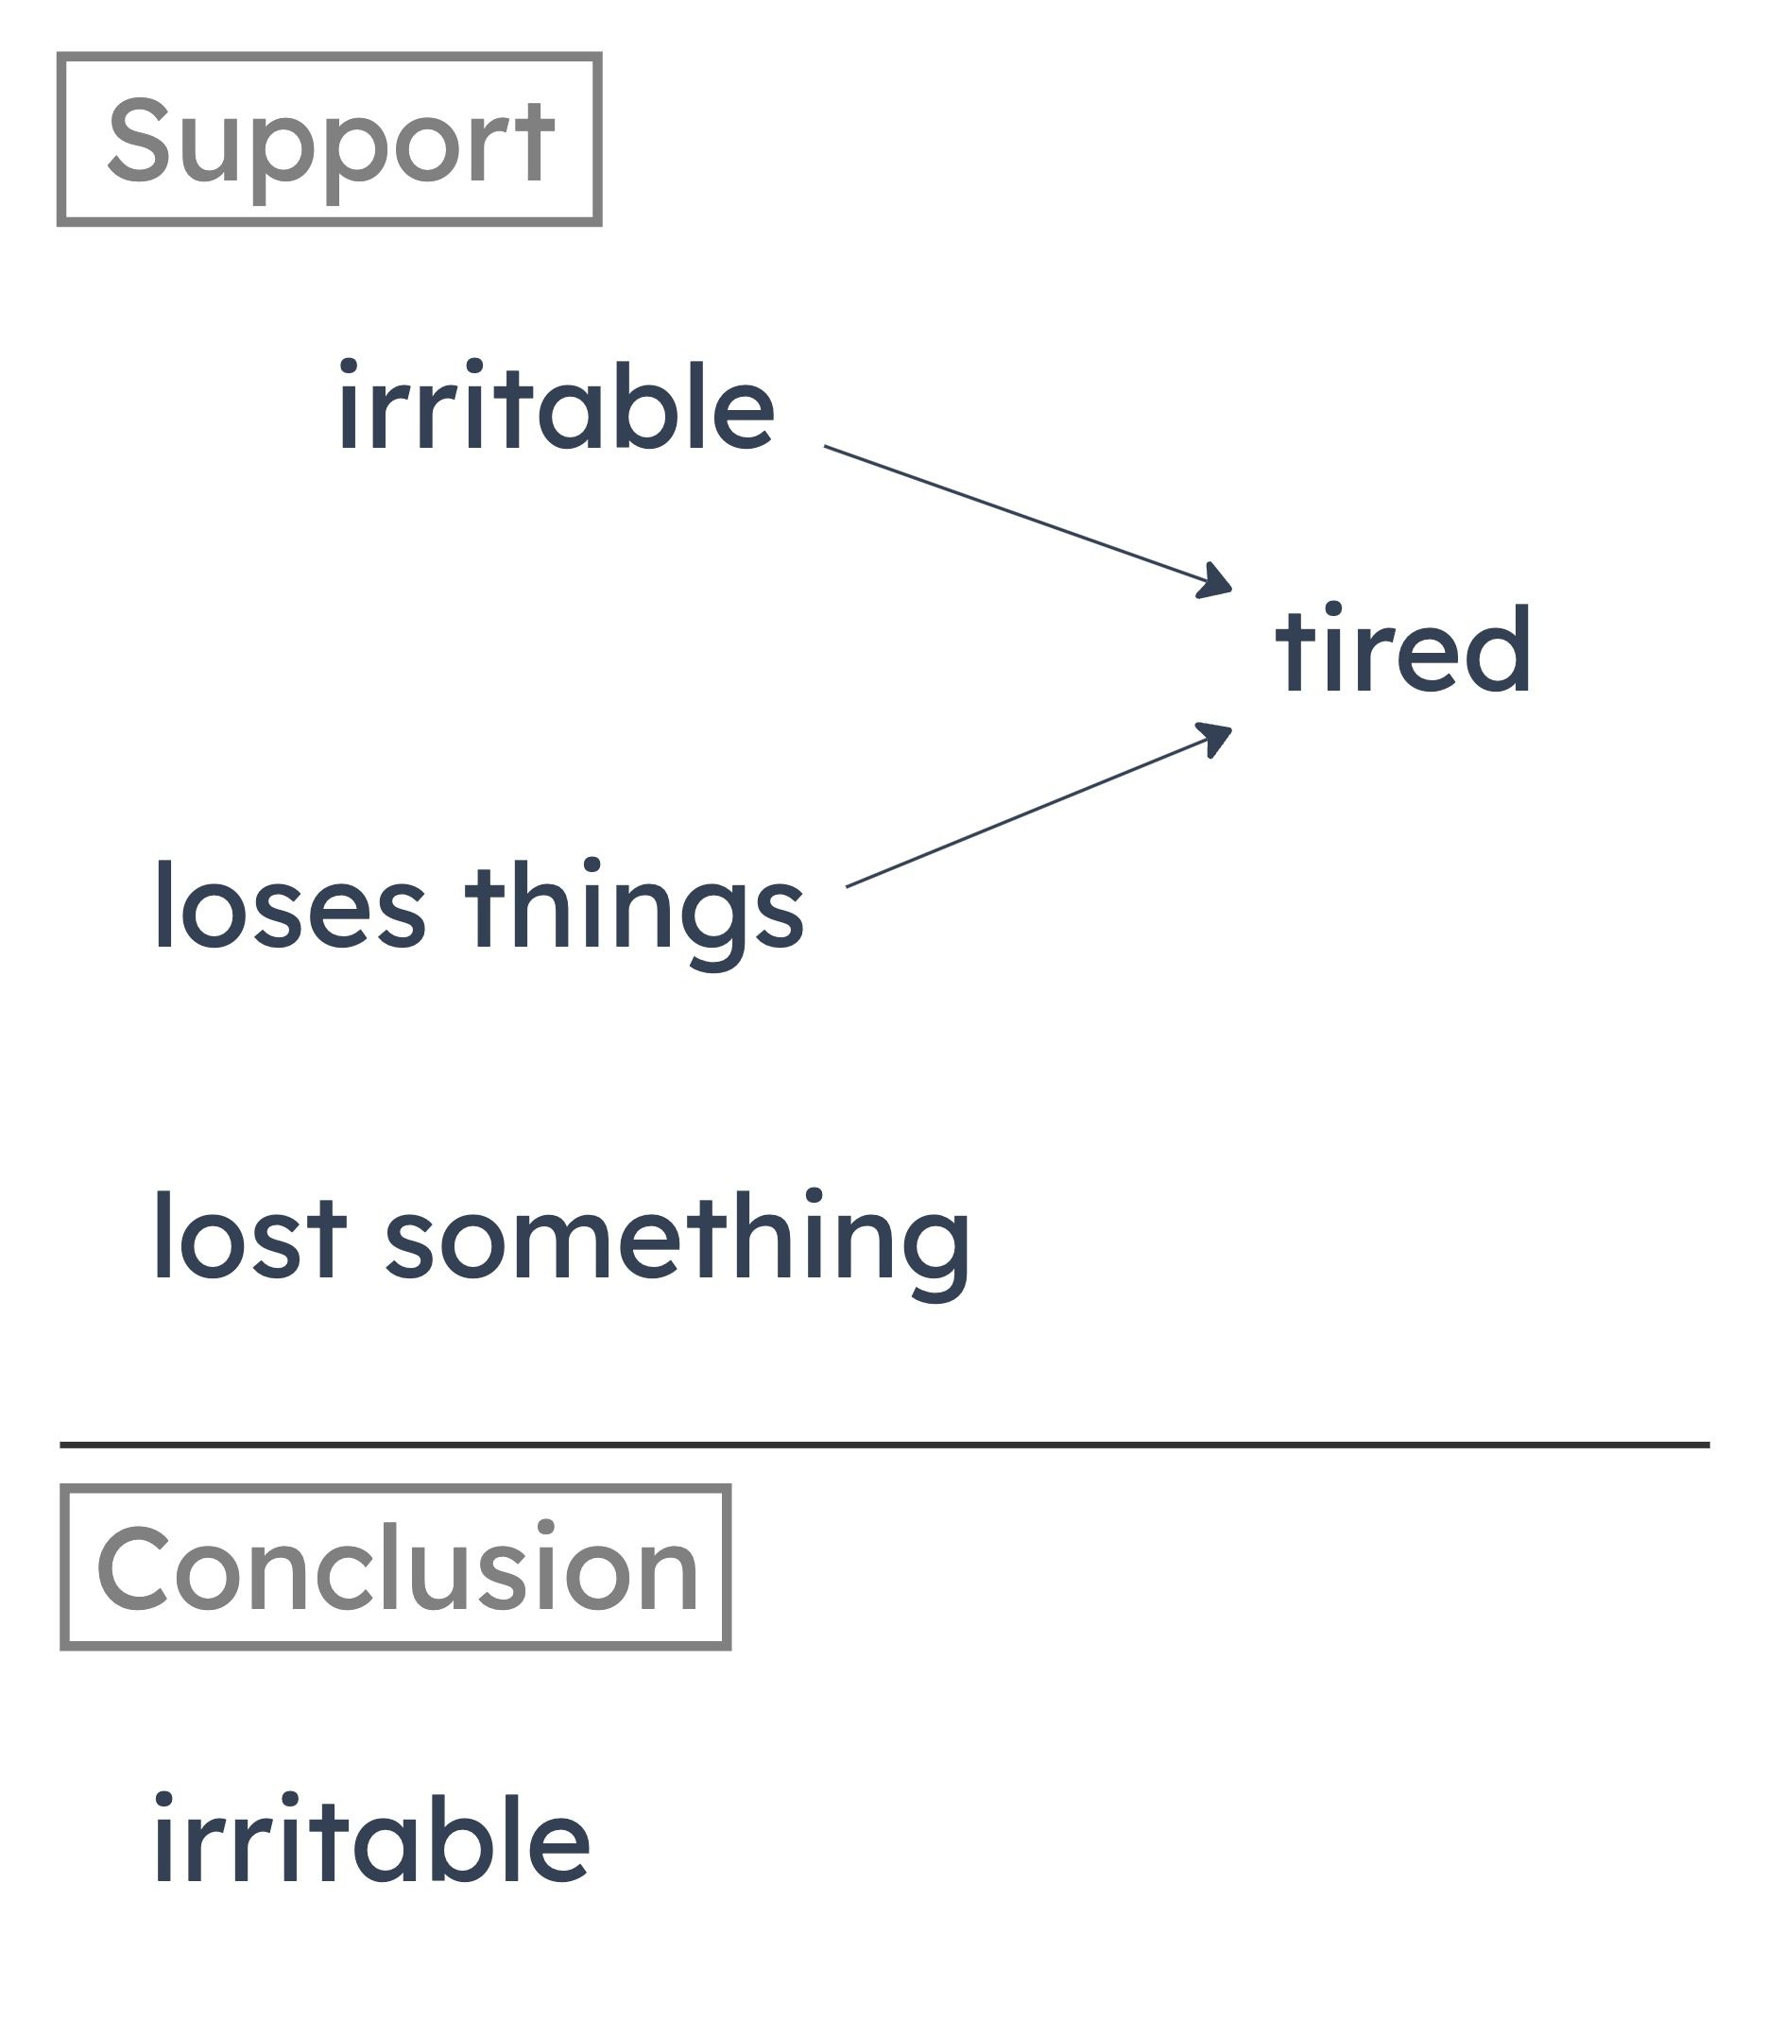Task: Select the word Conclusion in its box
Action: pyautogui.click(x=398, y=1567)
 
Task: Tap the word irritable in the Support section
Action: pyautogui.click(x=557, y=405)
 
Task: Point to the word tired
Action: pyautogui.click(x=1403, y=648)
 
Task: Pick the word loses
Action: pyautogui.click(x=290, y=905)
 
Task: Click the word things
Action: pyautogui.click(x=634, y=915)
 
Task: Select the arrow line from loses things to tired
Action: pyautogui.click(x=1039, y=805)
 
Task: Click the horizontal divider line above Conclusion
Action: pyautogui.click(x=884, y=1446)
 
